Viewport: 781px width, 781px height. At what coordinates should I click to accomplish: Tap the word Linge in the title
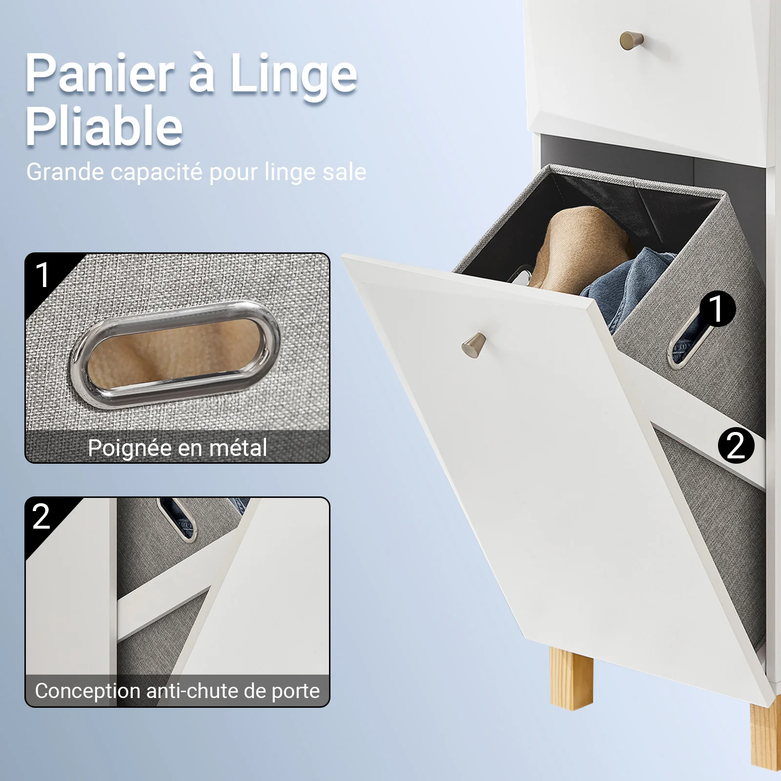pyautogui.click(x=293, y=76)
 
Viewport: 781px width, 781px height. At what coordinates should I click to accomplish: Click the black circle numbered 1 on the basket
pyautogui.click(x=718, y=309)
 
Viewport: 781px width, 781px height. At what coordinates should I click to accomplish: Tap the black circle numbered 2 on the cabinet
pyautogui.click(x=736, y=446)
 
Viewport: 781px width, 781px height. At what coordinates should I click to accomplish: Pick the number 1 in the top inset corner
pyautogui.click(x=43, y=275)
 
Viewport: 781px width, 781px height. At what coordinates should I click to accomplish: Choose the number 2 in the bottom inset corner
pyautogui.click(x=41, y=516)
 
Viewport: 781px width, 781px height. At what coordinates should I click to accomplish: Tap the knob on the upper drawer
pyautogui.click(x=632, y=40)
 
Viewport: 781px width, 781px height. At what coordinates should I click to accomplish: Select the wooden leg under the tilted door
pyautogui.click(x=571, y=678)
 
